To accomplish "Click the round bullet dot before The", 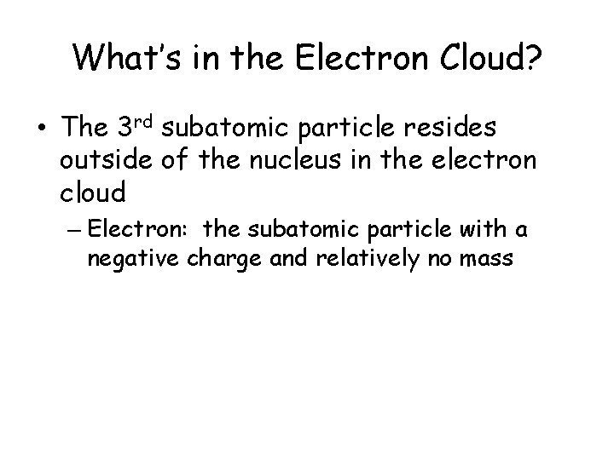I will click(x=41, y=129).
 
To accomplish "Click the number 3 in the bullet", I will click(x=124, y=129).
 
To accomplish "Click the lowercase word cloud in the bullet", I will click(x=94, y=193).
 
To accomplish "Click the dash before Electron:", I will click(x=74, y=231).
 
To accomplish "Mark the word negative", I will click(x=129, y=258).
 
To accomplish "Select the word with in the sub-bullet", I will click(x=477, y=230).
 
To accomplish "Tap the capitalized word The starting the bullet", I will click(x=82, y=129).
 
